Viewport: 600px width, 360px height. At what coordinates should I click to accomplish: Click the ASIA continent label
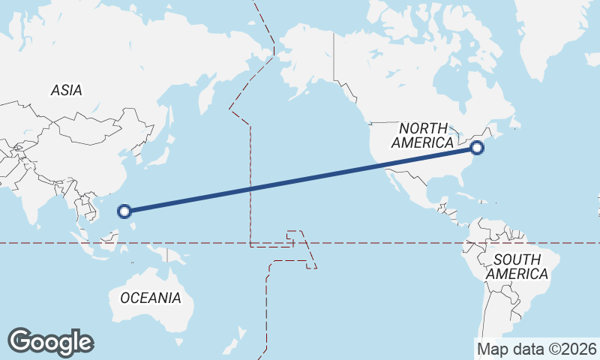(66, 90)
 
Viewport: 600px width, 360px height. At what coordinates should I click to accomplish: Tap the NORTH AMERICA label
(423, 135)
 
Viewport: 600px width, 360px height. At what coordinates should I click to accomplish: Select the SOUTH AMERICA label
(517, 267)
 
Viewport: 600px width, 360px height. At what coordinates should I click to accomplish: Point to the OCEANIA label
(151, 298)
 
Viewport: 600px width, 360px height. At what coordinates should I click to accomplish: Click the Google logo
(50, 341)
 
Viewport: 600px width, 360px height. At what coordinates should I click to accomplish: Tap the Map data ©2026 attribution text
(537, 349)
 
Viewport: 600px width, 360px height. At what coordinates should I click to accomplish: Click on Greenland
(555, 30)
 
